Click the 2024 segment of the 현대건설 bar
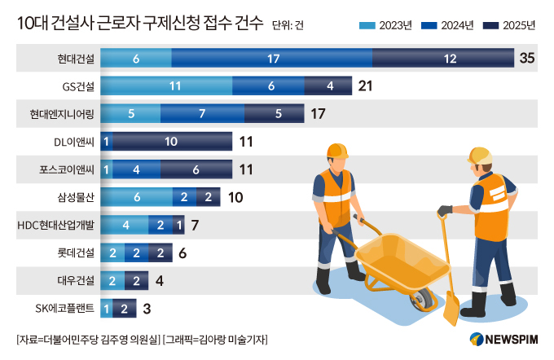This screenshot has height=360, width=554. (x=272, y=58)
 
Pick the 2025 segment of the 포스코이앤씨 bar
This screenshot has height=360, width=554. (x=196, y=169)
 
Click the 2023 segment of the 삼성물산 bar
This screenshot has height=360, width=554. (x=136, y=197)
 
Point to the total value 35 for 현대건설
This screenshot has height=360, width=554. (x=527, y=58)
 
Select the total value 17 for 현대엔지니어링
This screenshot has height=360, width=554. (x=318, y=114)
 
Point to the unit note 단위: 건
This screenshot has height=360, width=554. (x=289, y=26)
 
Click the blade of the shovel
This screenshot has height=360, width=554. (x=451, y=310)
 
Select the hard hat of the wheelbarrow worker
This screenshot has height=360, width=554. (x=337, y=151)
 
